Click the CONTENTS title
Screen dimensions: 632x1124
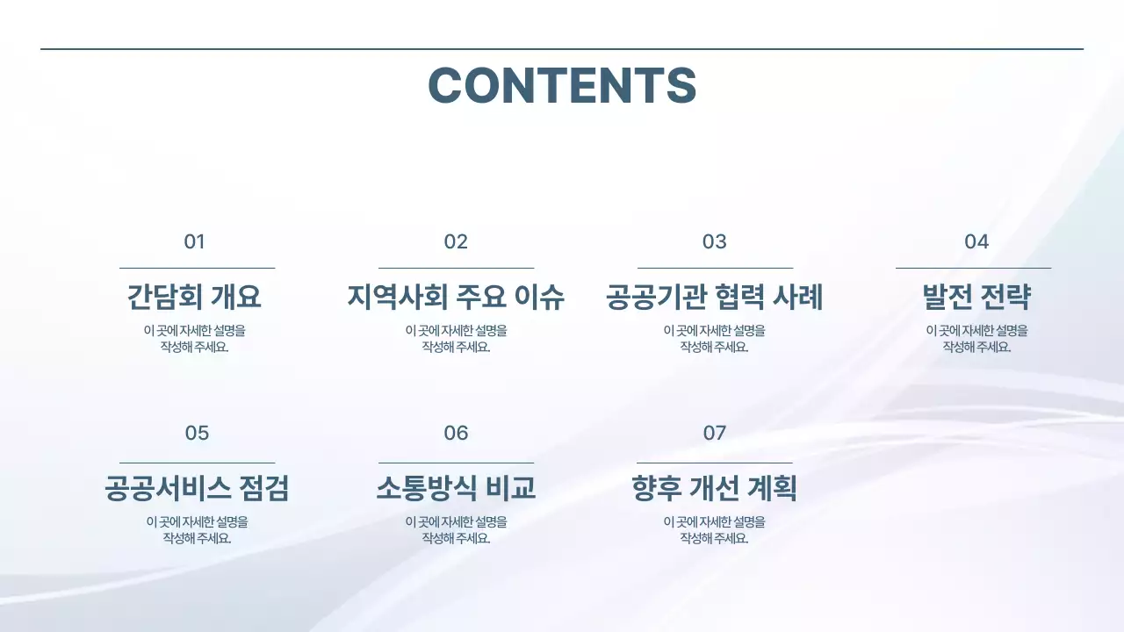562,85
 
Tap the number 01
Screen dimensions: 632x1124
194,242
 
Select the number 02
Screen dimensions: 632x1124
456,242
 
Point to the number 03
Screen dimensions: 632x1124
714,242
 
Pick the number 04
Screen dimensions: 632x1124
976,242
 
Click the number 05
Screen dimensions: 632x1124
197,434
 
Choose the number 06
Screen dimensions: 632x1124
456,434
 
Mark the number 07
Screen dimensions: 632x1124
714,434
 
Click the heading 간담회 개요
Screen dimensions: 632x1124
194,298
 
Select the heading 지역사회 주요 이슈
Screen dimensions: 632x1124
456,298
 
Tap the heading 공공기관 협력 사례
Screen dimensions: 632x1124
714,298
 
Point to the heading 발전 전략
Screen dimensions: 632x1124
976,298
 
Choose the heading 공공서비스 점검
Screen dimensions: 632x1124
197,488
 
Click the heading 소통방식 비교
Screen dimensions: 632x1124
456,488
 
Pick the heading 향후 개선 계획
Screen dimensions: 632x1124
714,488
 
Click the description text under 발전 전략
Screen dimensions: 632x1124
976,339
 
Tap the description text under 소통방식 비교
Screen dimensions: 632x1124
456,530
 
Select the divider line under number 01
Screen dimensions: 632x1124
197,268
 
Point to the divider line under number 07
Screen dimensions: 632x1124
714,463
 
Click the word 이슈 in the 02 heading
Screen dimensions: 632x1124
539,298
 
